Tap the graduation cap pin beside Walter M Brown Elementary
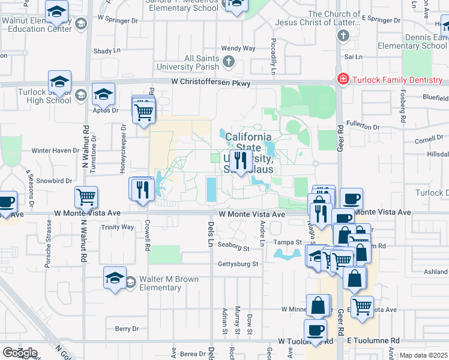point(115,278)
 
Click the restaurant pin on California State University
point(240,160)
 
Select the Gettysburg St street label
point(238,264)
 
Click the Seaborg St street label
point(233,247)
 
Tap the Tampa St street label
point(289,242)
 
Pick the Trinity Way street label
point(118,227)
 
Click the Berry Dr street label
point(127,329)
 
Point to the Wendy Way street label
point(238,49)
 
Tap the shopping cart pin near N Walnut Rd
point(86,197)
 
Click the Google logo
point(20,353)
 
